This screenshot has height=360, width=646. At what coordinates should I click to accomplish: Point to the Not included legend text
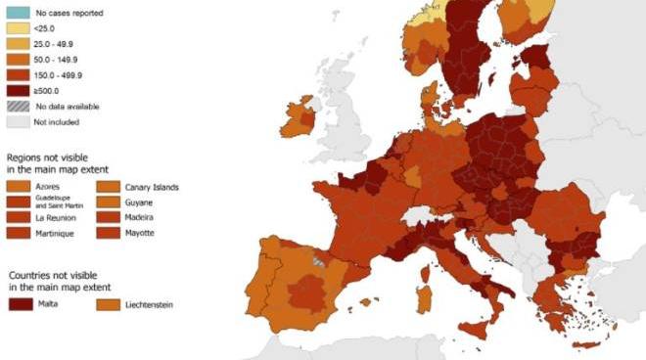pyautogui.click(x=54, y=121)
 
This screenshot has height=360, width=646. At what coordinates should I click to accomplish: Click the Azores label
pyautogui.click(x=47, y=187)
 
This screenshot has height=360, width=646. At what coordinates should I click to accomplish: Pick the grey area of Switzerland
pyautogui.click(x=421, y=215)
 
